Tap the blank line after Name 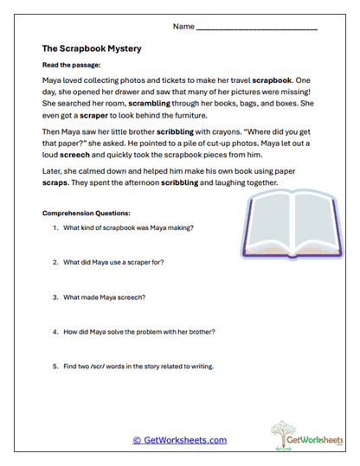(x=257, y=29)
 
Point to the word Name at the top (x=183, y=27)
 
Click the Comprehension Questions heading (x=86, y=213)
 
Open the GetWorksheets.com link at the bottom (x=180, y=439)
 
